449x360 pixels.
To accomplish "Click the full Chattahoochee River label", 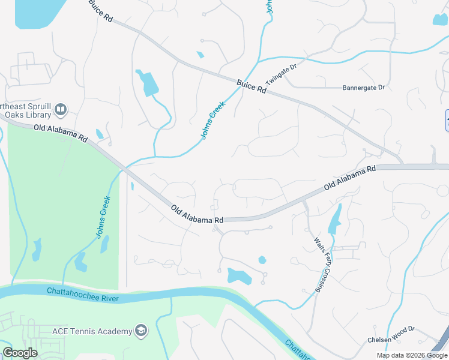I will pyautogui.click(x=83, y=294).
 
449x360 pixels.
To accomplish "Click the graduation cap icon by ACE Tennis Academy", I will pyautogui.click(x=141, y=331).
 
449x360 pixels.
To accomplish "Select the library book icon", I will pyautogui.click(x=60, y=109).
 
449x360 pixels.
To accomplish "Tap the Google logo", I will pyautogui.click(x=20, y=353).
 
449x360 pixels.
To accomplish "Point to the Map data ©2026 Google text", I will pyautogui.click(x=412, y=355).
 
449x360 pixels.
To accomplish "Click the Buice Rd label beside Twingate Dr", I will pyautogui.click(x=251, y=86).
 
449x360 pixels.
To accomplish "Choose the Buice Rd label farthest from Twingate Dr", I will pyautogui.click(x=100, y=10).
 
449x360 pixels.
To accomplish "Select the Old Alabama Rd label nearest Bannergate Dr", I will pyautogui.click(x=349, y=178).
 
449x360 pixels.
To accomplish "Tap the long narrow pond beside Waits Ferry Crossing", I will pyautogui.click(x=334, y=221).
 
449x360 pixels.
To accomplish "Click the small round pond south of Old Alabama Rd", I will pyautogui.click(x=262, y=260).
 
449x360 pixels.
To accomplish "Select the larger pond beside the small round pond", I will pyautogui.click(x=239, y=277).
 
